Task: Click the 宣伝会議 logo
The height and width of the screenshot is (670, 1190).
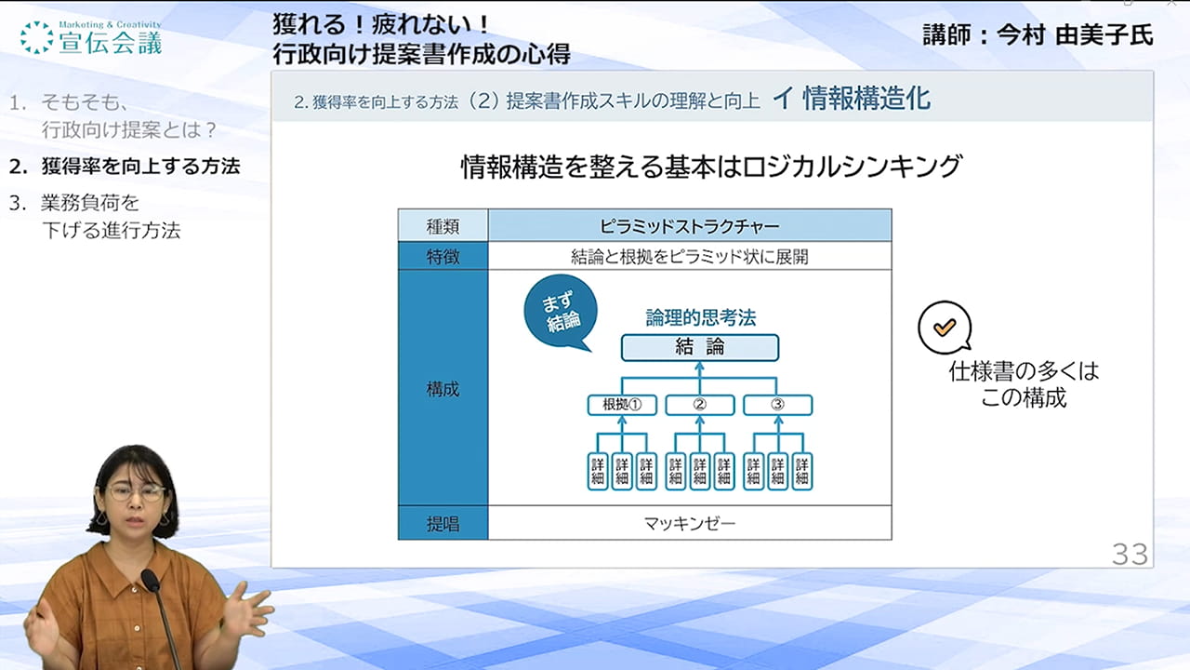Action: [91, 38]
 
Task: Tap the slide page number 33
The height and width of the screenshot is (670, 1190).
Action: [1130, 555]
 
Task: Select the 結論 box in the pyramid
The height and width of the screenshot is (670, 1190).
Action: [700, 347]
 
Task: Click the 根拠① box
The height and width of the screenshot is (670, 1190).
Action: [622, 405]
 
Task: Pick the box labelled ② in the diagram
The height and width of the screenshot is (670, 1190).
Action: [700, 405]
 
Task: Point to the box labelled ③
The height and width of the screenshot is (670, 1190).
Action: [777, 405]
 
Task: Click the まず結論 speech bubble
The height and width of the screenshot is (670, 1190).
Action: [560, 312]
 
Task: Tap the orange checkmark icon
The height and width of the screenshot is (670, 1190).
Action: [945, 327]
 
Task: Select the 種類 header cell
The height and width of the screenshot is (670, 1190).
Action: [443, 226]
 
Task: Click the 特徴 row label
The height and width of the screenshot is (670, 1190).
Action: [443, 256]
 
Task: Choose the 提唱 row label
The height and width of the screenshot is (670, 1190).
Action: [443, 523]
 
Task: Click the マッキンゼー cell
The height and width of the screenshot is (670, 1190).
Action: [690, 523]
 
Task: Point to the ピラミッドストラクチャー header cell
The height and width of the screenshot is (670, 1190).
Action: [690, 226]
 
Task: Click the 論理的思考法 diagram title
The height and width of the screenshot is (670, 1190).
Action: [701, 317]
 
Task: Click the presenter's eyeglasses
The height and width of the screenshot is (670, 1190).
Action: [136, 493]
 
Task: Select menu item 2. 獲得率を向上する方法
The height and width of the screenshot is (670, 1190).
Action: [125, 167]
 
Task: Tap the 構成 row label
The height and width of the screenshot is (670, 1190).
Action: [443, 389]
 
